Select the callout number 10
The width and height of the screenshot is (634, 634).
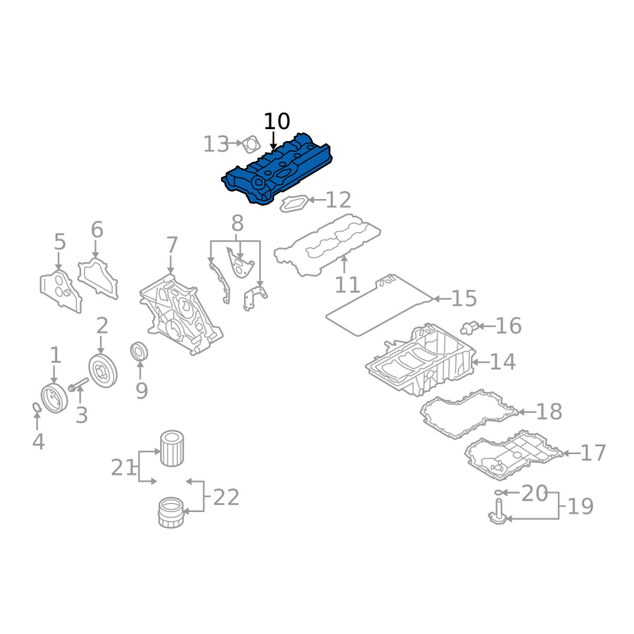(x=277, y=122)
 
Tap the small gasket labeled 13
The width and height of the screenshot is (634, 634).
(x=251, y=145)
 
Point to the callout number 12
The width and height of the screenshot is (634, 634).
(x=338, y=200)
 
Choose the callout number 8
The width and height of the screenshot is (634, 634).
(x=237, y=223)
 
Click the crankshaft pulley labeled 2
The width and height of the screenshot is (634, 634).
(x=102, y=371)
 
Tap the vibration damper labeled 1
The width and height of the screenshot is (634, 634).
(x=53, y=397)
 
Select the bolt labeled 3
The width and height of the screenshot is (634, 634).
(x=77, y=387)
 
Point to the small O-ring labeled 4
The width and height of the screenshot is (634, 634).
(x=37, y=408)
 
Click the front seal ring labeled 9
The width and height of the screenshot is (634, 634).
(x=139, y=351)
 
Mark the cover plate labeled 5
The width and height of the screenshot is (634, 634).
(x=59, y=291)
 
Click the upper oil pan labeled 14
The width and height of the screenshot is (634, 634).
(x=420, y=361)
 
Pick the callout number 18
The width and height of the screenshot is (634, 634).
(x=548, y=412)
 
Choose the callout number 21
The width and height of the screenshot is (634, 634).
(x=123, y=468)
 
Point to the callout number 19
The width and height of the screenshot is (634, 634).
(x=581, y=506)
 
